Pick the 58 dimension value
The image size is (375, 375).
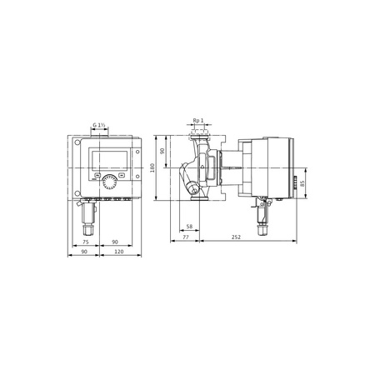tap(189, 227)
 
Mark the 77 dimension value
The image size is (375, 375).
tap(184, 237)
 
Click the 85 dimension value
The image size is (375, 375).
tap(305, 184)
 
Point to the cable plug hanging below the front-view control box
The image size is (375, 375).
tap(88, 218)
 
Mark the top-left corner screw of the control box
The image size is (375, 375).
tap(78, 142)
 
